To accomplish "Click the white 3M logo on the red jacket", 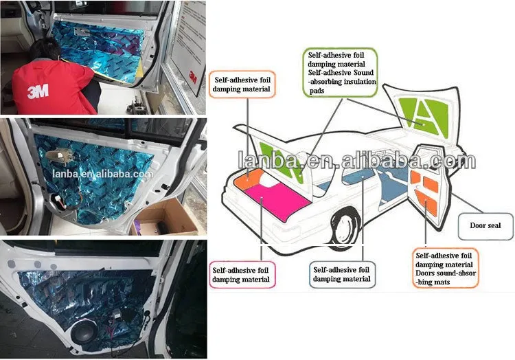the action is coord(38,91).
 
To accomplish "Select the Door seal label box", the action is coord(485,227).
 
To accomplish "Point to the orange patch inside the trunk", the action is coord(248,179).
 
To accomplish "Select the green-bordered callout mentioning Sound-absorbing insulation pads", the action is coord(341,73).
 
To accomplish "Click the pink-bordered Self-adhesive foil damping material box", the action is coord(242,275).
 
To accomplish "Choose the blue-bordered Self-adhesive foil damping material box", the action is coord(342,275).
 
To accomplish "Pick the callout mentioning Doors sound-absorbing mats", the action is coord(445,269).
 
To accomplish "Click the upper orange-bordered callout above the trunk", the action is coord(242,85).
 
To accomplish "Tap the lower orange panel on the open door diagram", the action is coord(426,201).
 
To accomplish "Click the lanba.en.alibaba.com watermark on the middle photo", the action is coord(102,173).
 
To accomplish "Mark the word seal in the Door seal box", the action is coord(493,225).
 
